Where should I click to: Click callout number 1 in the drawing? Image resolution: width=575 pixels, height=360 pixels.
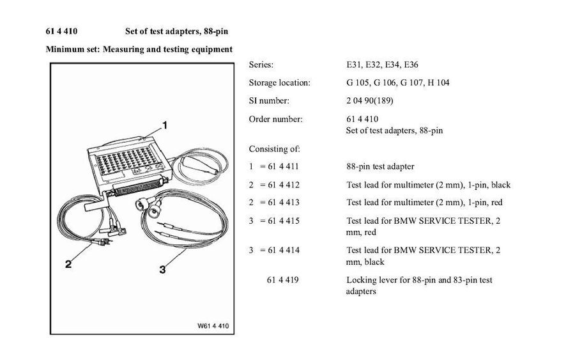coord(164,125)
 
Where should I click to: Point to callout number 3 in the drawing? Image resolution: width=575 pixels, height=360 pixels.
coord(163,270)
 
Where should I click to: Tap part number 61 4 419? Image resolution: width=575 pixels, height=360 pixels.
coord(282,280)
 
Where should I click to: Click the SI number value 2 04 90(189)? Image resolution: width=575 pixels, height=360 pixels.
coord(371,100)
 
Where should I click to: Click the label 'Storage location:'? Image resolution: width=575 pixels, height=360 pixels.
coord(279,82)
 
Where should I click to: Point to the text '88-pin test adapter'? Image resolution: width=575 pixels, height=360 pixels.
coord(380,167)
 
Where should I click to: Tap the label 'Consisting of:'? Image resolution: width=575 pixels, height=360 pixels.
coord(274,149)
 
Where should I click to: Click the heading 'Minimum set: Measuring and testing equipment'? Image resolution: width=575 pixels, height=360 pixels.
coord(139,49)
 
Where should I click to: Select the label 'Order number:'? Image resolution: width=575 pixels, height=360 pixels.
coord(275,118)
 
